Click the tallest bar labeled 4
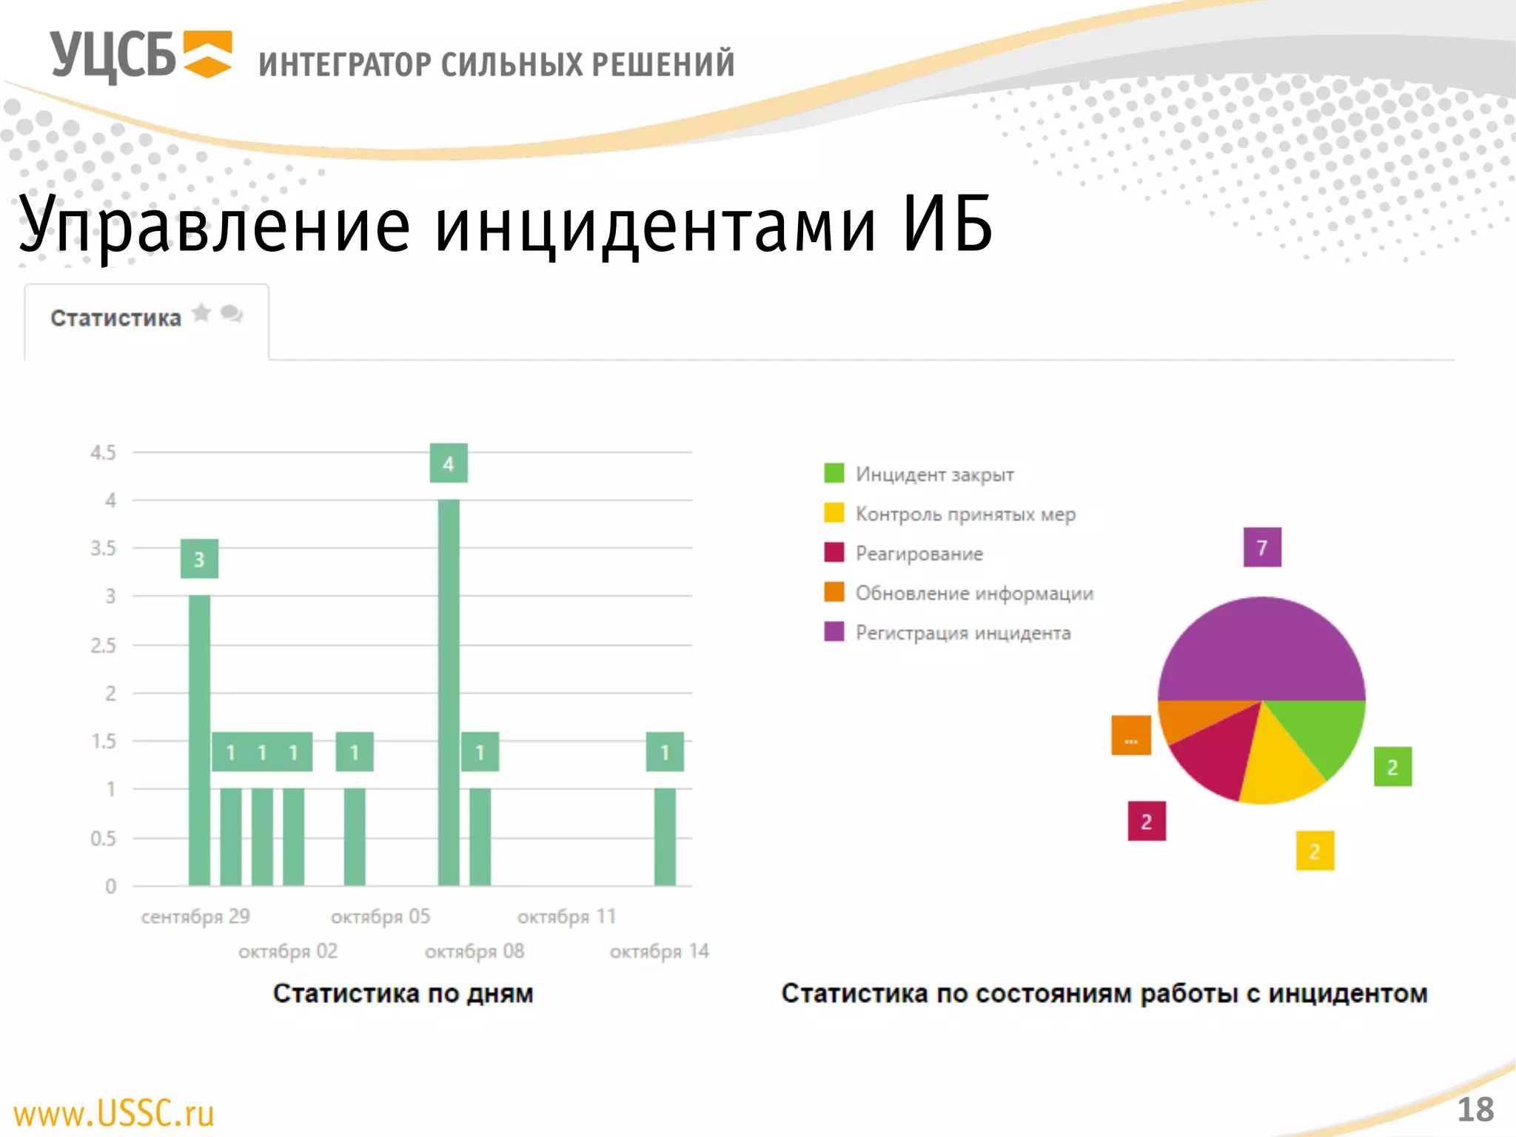tap(449, 692)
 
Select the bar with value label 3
tap(199, 740)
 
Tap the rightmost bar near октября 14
tap(665, 836)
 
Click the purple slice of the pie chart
tap(1261, 651)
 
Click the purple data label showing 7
tap(1262, 548)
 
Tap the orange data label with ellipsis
tap(1131, 736)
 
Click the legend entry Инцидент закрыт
tap(934, 474)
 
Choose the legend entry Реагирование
tap(919, 554)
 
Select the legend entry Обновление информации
tap(973, 594)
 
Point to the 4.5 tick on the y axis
tap(103, 452)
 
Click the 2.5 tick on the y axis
tap(103, 645)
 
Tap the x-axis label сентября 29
tap(195, 916)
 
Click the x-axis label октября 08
tap(474, 951)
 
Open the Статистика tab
tap(116, 318)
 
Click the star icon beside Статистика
tap(201, 313)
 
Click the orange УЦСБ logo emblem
tap(207, 54)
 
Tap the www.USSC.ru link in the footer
tap(114, 1113)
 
